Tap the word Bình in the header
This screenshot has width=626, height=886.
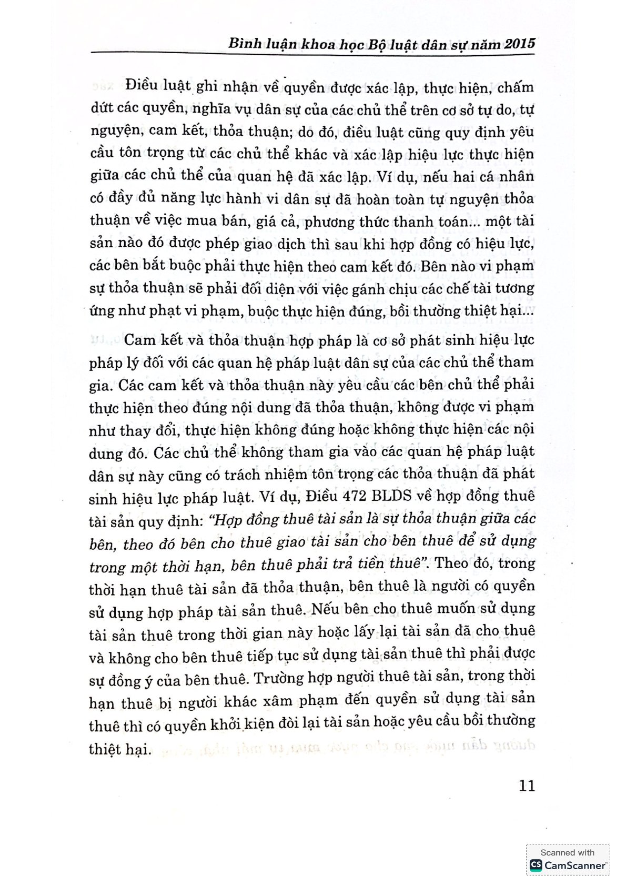point(242,44)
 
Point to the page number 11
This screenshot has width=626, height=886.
point(527,786)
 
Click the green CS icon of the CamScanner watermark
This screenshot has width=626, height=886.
point(536,865)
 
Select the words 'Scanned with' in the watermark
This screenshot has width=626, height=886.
point(567,853)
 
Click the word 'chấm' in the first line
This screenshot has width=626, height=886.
point(516,87)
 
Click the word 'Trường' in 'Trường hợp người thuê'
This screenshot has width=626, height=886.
point(278,677)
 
